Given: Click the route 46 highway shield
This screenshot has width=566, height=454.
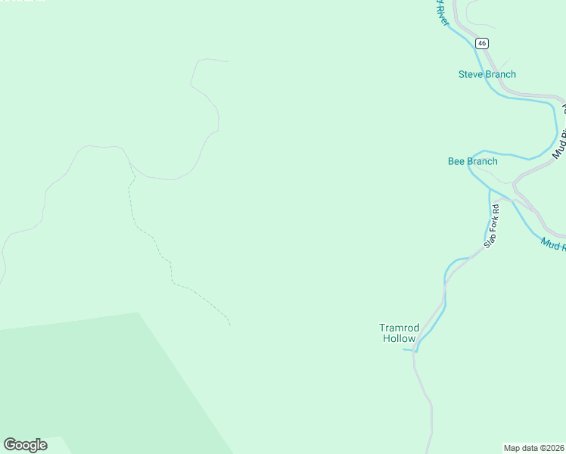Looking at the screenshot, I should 482,44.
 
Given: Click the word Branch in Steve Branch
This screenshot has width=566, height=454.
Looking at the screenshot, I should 501,74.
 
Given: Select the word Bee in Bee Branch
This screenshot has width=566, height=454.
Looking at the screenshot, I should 457,161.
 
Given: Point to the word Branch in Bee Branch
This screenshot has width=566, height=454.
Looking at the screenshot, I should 483,161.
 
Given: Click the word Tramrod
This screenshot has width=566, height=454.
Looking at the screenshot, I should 399,328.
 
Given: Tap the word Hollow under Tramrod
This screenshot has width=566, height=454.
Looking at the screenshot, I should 399,339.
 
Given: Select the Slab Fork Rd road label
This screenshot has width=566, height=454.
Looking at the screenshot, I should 492,225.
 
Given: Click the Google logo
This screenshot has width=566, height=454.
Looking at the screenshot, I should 25,444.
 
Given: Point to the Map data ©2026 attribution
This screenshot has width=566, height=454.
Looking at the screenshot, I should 534,448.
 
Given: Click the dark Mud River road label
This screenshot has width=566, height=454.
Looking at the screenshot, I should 558,144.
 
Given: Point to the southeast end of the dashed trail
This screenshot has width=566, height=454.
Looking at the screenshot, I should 230,325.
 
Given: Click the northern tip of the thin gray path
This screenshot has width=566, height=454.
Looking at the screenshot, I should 227,61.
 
